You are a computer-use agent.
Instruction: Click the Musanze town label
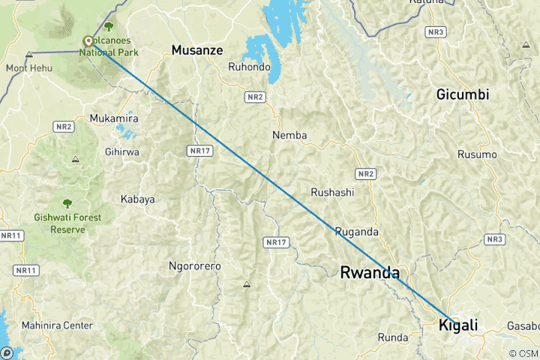click(x=197, y=50)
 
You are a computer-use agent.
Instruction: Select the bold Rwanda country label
click(x=370, y=272)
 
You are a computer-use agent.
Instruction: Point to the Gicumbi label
click(x=463, y=94)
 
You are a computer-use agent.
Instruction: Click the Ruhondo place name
click(x=249, y=67)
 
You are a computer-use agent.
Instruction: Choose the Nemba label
click(x=289, y=136)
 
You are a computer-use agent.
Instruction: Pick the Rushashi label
click(x=332, y=192)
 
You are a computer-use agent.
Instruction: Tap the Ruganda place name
click(x=356, y=231)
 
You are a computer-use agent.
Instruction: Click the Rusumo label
click(x=477, y=154)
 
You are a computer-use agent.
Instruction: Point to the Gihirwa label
click(x=122, y=151)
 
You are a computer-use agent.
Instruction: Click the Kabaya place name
click(x=137, y=199)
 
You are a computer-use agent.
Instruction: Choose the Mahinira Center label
click(x=57, y=325)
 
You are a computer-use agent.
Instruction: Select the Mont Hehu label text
click(x=28, y=68)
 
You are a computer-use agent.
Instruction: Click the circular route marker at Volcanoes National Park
click(x=88, y=41)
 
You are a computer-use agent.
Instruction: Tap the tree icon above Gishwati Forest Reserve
click(x=67, y=203)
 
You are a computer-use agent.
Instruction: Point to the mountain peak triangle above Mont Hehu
click(x=28, y=55)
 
